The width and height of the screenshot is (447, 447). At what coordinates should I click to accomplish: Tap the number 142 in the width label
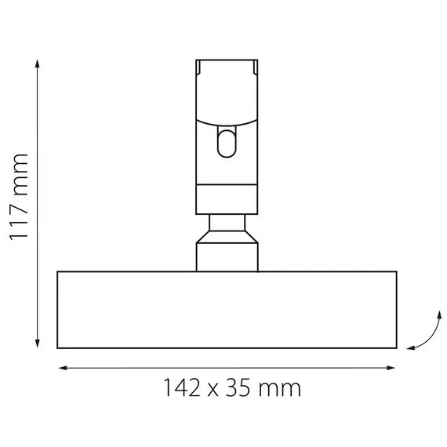click(181, 388)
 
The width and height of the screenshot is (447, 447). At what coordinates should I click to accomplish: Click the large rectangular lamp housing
click(227, 310)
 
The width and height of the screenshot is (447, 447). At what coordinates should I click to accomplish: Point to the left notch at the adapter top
click(201, 68)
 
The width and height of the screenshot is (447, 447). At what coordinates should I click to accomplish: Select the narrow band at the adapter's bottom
click(227, 200)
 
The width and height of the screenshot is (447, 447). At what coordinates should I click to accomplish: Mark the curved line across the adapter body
click(227, 125)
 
